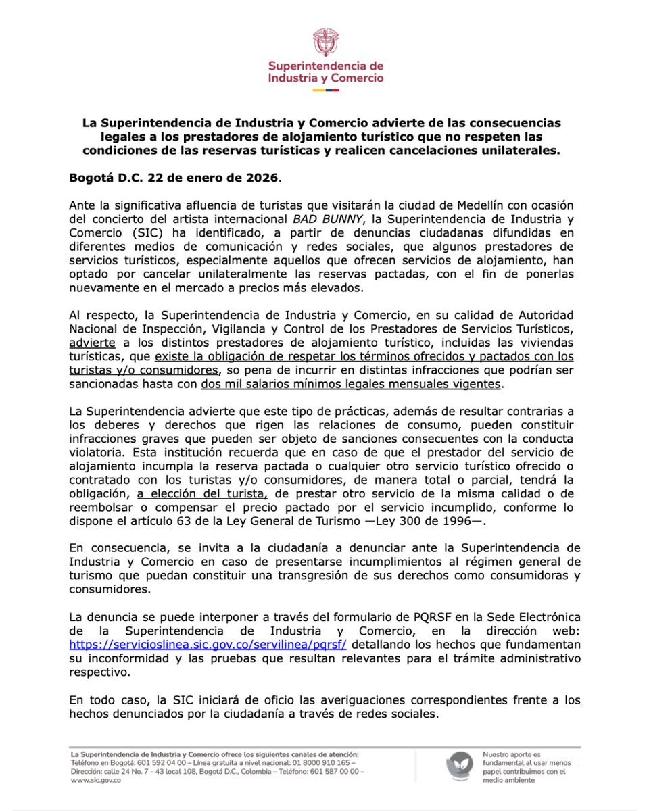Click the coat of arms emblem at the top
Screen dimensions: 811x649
pyautogui.click(x=324, y=41)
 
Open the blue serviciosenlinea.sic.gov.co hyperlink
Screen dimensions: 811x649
pyautogui.click(x=208, y=644)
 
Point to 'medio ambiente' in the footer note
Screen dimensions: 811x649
pyautogui.click(x=508, y=779)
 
